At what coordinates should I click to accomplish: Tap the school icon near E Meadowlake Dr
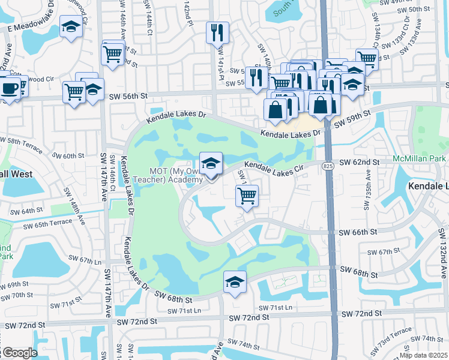pyautogui.click(x=71, y=27)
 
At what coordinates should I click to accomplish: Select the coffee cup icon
pyautogui.click(x=8, y=89)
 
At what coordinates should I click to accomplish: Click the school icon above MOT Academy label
pyautogui.click(x=211, y=163)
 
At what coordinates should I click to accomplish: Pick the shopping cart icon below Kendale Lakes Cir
pyautogui.click(x=247, y=195)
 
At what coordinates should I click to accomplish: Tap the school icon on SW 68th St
pyautogui.click(x=235, y=281)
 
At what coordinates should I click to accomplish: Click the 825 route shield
pyautogui.click(x=328, y=165)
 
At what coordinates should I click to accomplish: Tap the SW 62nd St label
pyautogui.click(x=360, y=162)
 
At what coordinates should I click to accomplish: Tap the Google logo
pyautogui.click(x=19, y=353)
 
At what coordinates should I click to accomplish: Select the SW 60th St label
pyautogui.click(x=65, y=156)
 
